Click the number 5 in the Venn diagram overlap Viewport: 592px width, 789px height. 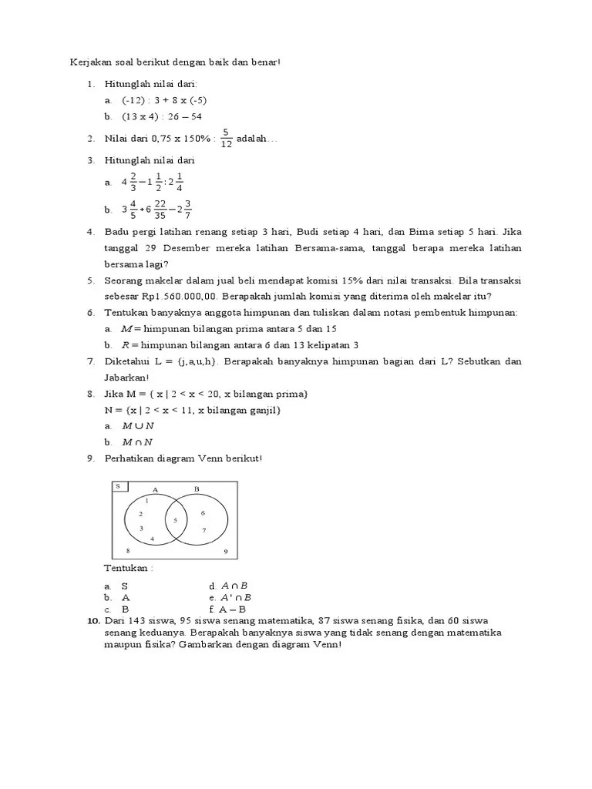(175, 521)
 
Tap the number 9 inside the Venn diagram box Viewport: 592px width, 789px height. (225, 552)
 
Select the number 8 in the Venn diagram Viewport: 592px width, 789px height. (128, 551)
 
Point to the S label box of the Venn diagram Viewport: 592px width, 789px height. (119, 486)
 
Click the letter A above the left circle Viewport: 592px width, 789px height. (155, 489)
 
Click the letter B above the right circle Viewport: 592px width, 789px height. (197, 489)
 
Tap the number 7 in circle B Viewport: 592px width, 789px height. (203, 530)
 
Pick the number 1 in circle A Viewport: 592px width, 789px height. (146, 501)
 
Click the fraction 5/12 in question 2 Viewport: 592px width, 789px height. (226, 138)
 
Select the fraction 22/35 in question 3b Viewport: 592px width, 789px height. (160, 209)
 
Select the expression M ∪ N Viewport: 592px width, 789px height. (138, 425)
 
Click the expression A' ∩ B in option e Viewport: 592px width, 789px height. (237, 597)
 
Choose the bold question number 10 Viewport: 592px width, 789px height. (92, 620)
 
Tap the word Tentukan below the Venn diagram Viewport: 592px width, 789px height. (128, 569)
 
